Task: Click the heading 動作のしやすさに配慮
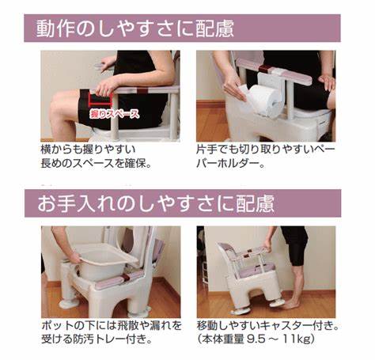pyautogui.click(x=135, y=28)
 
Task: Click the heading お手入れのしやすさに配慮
pyautogui.click(x=156, y=203)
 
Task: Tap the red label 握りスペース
pyautogui.click(x=114, y=114)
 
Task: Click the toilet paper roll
pyautogui.click(x=264, y=100)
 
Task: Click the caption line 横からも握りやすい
pyautogui.click(x=88, y=150)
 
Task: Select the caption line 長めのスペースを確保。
pyautogui.click(x=97, y=163)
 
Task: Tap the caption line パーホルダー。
pyautogui.click(x=230, y=164)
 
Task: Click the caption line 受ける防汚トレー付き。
pyautogui.click(x=97, y=339)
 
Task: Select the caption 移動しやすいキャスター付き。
pyautogui.click(x=267, y=326)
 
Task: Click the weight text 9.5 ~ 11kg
pyautogui.click(x=279, y=339)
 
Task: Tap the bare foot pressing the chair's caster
pyautogui.click(x=289, y=304)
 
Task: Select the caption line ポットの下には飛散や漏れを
pyautogui.click(x=112, y=326)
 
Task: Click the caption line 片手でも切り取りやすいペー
pyautogui.click(x=266, y=150)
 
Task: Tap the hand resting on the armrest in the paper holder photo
pyautogui.click(x=327, y=81)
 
